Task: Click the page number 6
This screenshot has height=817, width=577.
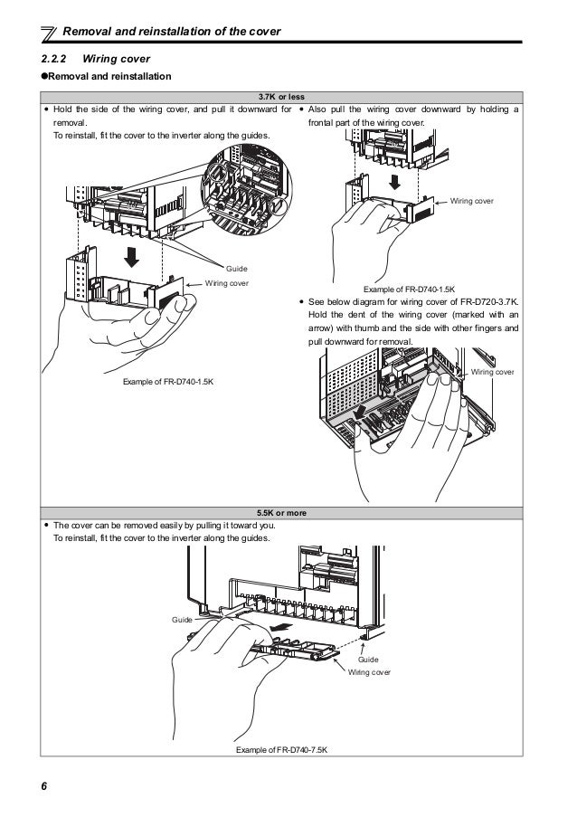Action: click(43, 784)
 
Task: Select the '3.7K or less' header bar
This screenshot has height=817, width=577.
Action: click(288, 97)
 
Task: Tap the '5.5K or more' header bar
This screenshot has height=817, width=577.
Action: click(288, 512)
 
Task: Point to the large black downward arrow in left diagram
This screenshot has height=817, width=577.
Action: click(132, 256)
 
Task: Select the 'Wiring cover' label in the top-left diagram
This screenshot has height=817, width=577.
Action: click(228, 283)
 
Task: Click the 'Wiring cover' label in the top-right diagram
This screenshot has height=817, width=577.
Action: click(472, 200)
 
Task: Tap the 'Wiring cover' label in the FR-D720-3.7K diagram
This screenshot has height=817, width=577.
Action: click(493, 372)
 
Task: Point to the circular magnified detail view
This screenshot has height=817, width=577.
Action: click(247, 191)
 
